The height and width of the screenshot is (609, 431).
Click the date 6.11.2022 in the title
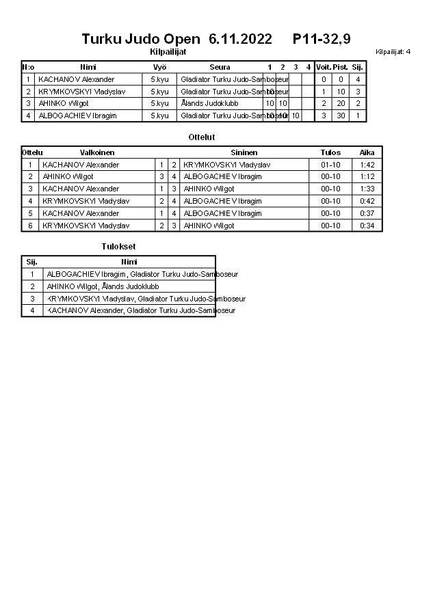pos(240,39)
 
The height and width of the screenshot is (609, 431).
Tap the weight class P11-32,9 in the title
pos(322,39)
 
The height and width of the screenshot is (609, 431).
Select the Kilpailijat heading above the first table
pos(168,51)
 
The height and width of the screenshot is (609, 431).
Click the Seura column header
pos(220,67)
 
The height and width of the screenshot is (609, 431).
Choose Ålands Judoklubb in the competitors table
pos(209,104)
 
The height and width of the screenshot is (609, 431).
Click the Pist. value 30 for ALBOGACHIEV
pos(341,116)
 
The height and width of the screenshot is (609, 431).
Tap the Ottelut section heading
pos(202,137)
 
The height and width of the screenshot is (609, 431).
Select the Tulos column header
pos(330,152)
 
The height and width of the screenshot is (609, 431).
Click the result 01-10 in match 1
pos(330,165)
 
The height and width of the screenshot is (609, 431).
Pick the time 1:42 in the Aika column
pos(367,165)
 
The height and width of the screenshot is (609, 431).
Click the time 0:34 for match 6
pos(367,226)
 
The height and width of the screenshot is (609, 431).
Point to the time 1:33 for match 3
pos(367,189)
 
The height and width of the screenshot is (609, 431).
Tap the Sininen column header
pos(244,152)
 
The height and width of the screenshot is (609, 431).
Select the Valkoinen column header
pos(97,152)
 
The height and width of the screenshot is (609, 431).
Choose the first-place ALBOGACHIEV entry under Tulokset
pos(142,274)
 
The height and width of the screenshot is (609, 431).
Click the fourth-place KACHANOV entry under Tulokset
pos(141,310)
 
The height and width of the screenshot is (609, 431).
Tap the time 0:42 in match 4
pos(367,201)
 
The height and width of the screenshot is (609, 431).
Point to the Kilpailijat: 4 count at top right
pos(393,51)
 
